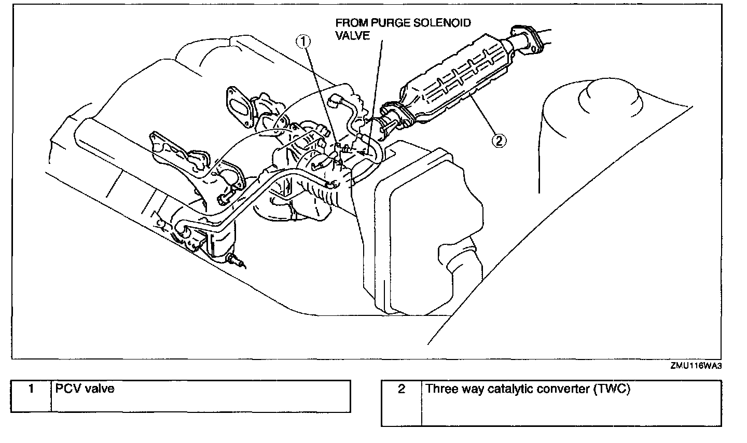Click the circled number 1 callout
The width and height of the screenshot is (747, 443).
click(x=304, y=40)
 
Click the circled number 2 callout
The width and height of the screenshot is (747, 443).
click(x=498, y=140)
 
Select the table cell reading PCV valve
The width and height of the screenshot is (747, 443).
click(x=200, y=396)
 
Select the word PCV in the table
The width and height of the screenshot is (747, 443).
click(x=66, y=388)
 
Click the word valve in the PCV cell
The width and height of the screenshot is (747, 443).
click(x=99, y=388)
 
